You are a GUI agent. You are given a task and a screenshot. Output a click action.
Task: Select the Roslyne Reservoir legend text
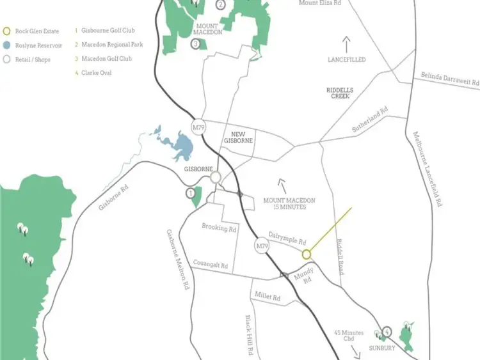coord(38,45)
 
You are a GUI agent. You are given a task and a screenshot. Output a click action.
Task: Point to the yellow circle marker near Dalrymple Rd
coord(306,254)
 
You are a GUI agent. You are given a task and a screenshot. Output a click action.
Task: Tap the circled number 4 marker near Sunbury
coord(387,332)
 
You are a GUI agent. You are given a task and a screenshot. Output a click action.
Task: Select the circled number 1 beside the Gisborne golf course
coord(190,192)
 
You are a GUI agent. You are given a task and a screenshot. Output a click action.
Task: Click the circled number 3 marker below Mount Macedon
coord(195,44)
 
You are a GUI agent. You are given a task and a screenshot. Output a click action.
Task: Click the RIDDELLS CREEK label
coord(339,93)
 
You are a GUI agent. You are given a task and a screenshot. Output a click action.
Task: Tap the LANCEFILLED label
coord(347,59)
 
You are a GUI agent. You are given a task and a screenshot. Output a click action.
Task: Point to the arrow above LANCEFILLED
coord(347,44)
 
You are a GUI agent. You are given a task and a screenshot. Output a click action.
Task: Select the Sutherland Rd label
coord(371,120)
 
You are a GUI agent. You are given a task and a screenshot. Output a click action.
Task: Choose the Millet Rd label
coord(268,297)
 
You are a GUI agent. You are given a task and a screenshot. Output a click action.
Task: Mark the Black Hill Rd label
coord(250,335)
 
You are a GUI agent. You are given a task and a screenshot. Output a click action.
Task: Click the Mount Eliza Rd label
coord(320,3)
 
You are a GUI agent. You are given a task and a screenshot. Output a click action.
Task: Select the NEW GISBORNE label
coord(238,137)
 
